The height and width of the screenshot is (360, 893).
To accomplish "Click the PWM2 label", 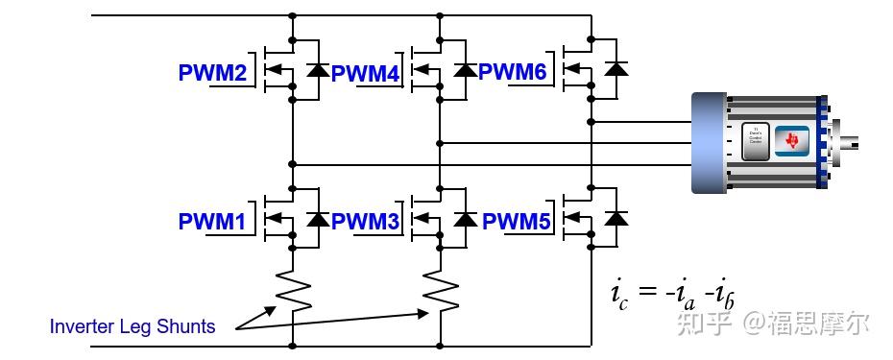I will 212,73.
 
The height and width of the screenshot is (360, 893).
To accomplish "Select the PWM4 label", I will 365,73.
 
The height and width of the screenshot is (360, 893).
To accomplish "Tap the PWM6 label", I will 512,72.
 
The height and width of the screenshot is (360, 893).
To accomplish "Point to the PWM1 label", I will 212,222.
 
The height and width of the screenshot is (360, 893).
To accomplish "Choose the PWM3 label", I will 365,222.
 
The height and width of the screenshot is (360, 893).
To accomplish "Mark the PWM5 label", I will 517,222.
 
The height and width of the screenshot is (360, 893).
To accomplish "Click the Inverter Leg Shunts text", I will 133,326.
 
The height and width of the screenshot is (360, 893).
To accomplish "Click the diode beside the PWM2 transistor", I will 316,69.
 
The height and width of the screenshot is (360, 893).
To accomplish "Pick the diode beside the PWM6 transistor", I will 617,68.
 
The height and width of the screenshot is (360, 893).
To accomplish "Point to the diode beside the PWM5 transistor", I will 617,219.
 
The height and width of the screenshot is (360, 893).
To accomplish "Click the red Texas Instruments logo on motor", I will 792,140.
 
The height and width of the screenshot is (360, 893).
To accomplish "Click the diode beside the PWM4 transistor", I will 466,69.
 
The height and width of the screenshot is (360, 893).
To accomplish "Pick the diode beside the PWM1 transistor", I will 316,219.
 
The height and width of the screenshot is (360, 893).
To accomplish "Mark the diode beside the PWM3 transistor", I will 466,219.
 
